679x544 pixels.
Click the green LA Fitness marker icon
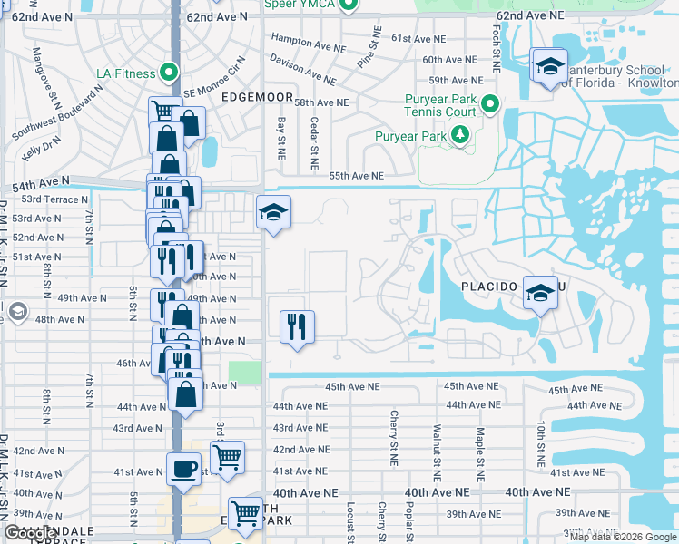(x=167, y=73)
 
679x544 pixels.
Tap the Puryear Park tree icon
(x=460, y=136)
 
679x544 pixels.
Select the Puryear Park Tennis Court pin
(x=490, y=104)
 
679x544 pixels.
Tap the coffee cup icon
(x=183, y=470)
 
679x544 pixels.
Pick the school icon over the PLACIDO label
(x=539, y=292)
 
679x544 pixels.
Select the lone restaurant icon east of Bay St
(x=296, y=326)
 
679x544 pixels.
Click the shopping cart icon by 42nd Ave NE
(x=227, y=455)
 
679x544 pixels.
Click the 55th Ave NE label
(x=356, y=176)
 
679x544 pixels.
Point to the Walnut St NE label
(x=437, y=444)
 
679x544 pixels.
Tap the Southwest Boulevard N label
(x=54, y=113)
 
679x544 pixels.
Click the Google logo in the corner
(x=30, y=533)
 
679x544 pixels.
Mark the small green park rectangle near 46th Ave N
(x=244, y=373)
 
